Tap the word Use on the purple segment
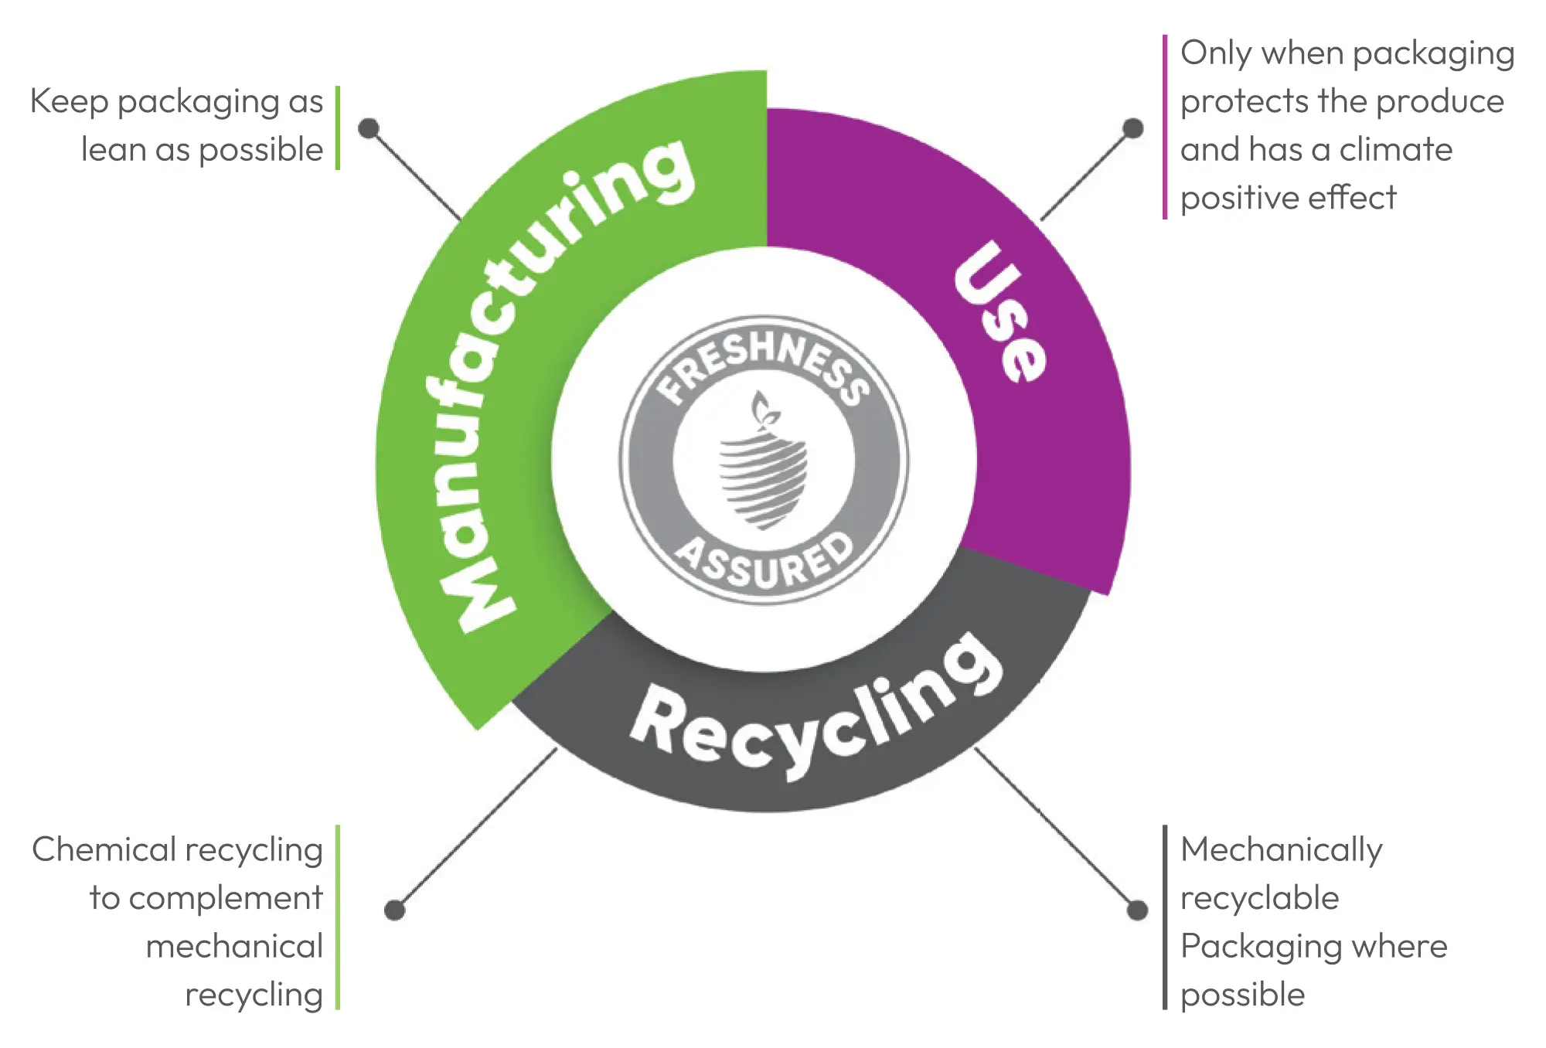click(1001, 313)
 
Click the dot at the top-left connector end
click(369, 128)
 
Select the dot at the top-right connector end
click(1133, 128)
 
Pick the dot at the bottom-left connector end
click(395, 910)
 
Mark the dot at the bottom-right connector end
click(1137, 910)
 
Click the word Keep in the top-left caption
click(69, 102)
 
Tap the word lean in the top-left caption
click(113, 150)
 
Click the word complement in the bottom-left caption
click(225, 898)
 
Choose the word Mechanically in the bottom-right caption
click(1281, 850)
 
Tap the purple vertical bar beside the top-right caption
click(1165, 127)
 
